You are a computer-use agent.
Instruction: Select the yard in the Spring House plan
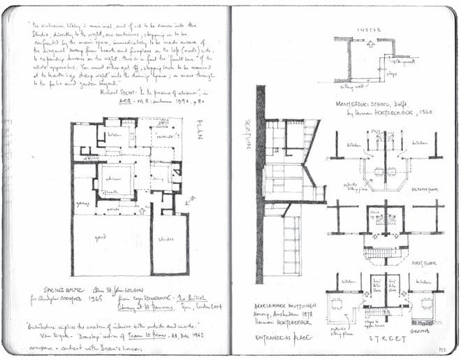point(105,238)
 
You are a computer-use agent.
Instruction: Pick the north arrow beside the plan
point(191,201)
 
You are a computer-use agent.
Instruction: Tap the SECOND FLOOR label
point(427,187)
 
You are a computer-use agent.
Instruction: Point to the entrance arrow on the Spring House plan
point(143,210)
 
